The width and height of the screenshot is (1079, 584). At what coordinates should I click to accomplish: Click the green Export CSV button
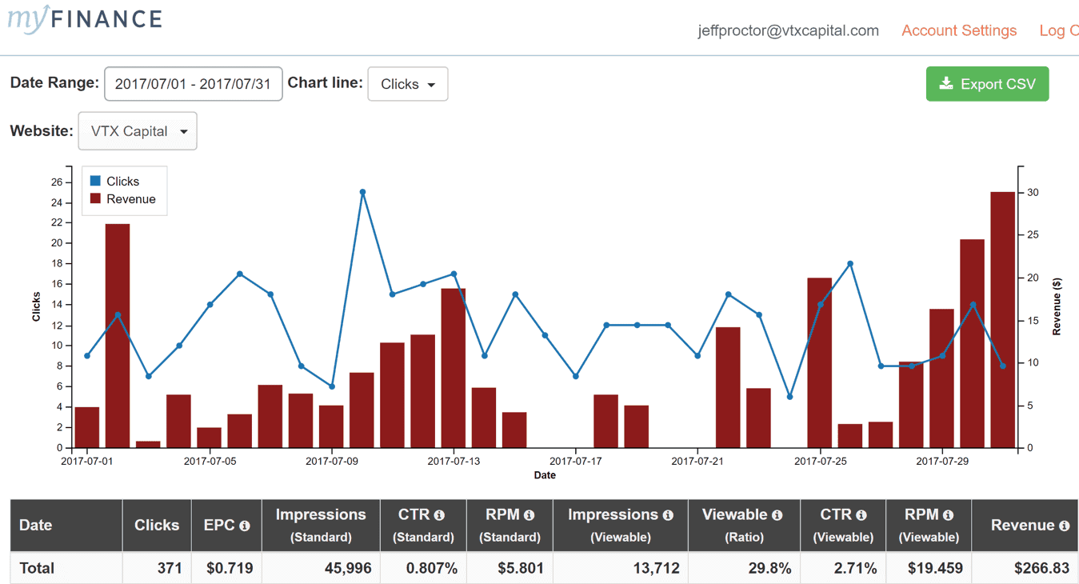[x=987, y=84]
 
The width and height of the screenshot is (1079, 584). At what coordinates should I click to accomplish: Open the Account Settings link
[x=959, y=30]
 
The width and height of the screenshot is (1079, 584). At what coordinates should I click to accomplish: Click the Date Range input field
[x=193, y=84]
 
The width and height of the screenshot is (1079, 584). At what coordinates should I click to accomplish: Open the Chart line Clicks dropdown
[x=407, y=84]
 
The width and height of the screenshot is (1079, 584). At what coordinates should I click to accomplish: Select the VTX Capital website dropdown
[x=138, y=131]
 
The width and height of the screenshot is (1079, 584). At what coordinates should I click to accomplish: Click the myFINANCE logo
[x=85, y=19]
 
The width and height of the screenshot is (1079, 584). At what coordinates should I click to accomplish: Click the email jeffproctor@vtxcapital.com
[x=788, y=30]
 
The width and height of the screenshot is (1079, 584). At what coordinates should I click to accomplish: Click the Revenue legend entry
[x=123, y=199]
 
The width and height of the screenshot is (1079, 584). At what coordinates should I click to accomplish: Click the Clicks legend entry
[x=114, y=181]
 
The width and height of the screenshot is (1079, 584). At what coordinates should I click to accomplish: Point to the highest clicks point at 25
[x=362, y=192]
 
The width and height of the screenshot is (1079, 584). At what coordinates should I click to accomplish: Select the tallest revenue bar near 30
[x=1002, y=320]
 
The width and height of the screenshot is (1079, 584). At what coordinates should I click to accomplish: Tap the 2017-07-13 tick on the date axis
[x=454, y=461]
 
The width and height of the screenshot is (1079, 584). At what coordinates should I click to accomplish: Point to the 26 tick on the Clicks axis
[x=57, y=182]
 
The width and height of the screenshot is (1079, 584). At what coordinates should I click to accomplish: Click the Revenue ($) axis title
[x=1057, y=306]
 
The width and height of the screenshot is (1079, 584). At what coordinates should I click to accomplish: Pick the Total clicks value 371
[x=170, y=568]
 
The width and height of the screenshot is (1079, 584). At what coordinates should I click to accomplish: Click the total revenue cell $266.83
[x=1041, y=568]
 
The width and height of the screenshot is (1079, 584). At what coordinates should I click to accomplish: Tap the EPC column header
[x=226, y=526]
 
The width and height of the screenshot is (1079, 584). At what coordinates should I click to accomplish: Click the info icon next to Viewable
[x=777, y=515]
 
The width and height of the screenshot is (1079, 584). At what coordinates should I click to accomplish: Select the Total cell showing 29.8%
[x=769, y=568]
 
